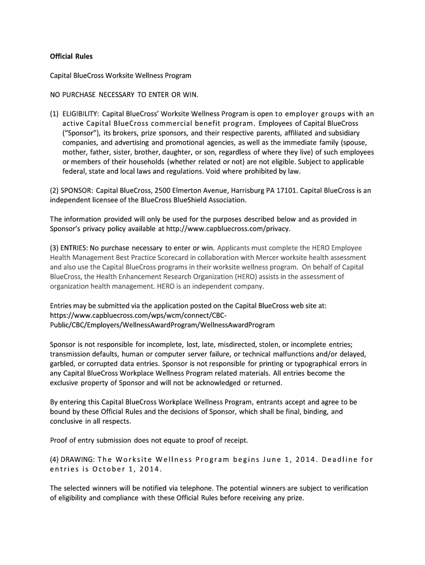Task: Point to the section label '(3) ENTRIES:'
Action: click(x=69, y=248)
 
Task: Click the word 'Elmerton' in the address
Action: click(x=172, y=190)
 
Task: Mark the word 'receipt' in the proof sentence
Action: click(x=234, y=440)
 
